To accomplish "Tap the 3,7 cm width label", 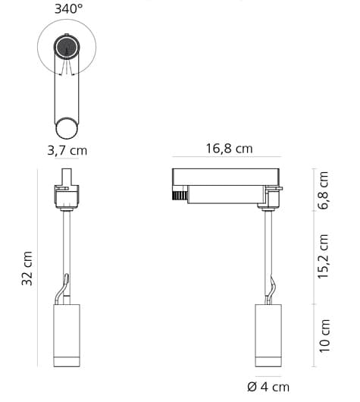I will (x=67, y=150).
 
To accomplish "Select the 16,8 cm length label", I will (x=228, y=149).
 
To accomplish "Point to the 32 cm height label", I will (x=27, y=269).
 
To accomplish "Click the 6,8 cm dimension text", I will (x=324, y=190).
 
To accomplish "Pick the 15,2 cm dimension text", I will (x=324, y=256).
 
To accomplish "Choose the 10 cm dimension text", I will (x=324, y=335).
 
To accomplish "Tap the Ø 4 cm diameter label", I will (x=268, y=387).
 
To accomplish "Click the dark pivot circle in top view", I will (x=67, y=50).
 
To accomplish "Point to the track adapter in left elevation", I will (x=67, y=196).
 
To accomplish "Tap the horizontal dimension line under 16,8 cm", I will (x=227, y=160).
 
